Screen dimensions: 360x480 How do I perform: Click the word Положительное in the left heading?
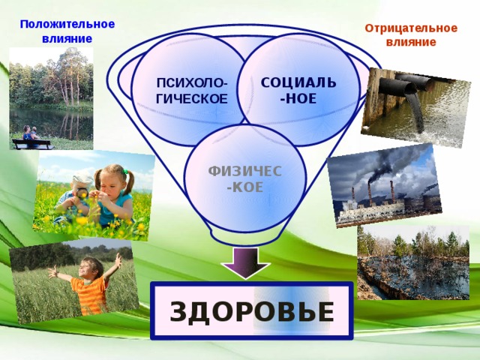coord(67,24)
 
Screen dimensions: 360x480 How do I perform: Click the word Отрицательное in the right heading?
coord(410,28)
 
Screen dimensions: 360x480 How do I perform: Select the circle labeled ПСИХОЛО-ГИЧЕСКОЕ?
coord(190,90)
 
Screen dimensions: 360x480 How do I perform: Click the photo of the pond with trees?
coord(51,97)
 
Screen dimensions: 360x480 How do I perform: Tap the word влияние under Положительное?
coord(67,39)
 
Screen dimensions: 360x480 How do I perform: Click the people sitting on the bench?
coord(31,134)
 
